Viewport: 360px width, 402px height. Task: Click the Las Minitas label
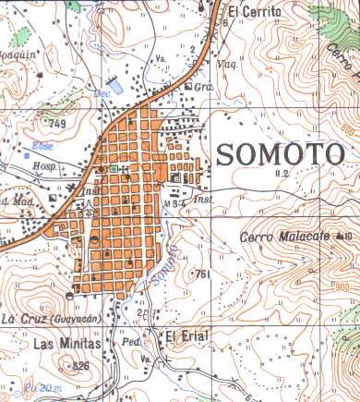point(54,343)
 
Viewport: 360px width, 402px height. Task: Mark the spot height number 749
point(60,123)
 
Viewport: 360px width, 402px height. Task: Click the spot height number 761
point(204,274)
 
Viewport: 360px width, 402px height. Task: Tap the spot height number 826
point(80,366)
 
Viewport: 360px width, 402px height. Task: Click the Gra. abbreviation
point(205,86)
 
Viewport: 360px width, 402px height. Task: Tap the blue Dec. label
point(102,93)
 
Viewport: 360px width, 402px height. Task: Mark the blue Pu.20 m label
point(41,387)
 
